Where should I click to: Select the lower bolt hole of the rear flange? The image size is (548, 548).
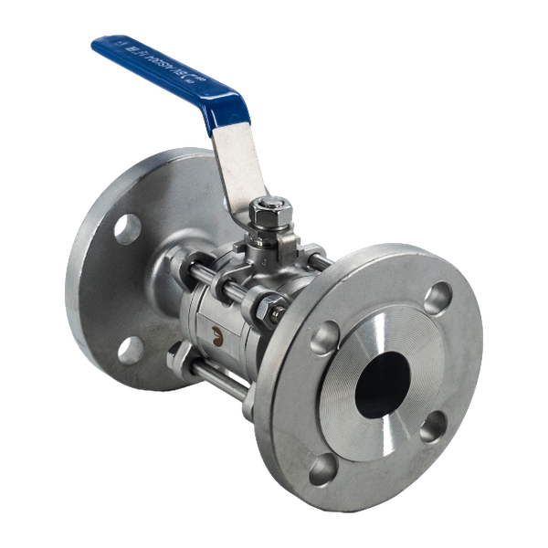click(x=132, y=347)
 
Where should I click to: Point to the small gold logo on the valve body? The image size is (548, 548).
click(x=217, y=335)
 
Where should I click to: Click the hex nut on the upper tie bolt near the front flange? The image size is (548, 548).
click(x=272, y=310)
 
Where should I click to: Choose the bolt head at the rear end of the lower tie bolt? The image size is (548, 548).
click(x=176, y=353)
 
